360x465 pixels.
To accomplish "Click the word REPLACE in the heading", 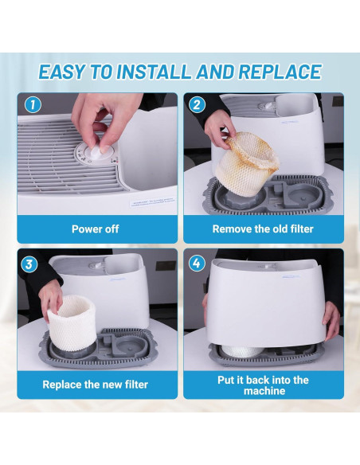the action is pos(280,72).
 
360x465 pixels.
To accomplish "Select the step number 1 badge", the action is pos(33,104).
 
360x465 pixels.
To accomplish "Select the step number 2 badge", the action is pos(197,104).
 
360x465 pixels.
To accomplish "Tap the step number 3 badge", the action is pos(29,264).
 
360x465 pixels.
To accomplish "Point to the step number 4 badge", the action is pos(197,263).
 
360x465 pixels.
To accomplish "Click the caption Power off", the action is pos(96,229).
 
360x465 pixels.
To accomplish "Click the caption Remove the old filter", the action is pos(263,229).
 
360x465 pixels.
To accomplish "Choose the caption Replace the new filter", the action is pos(96,385).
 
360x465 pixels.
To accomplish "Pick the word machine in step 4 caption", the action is pos(264,391).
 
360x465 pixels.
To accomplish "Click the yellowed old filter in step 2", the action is pos(246,162).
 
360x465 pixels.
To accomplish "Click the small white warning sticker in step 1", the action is pos(153,202).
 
